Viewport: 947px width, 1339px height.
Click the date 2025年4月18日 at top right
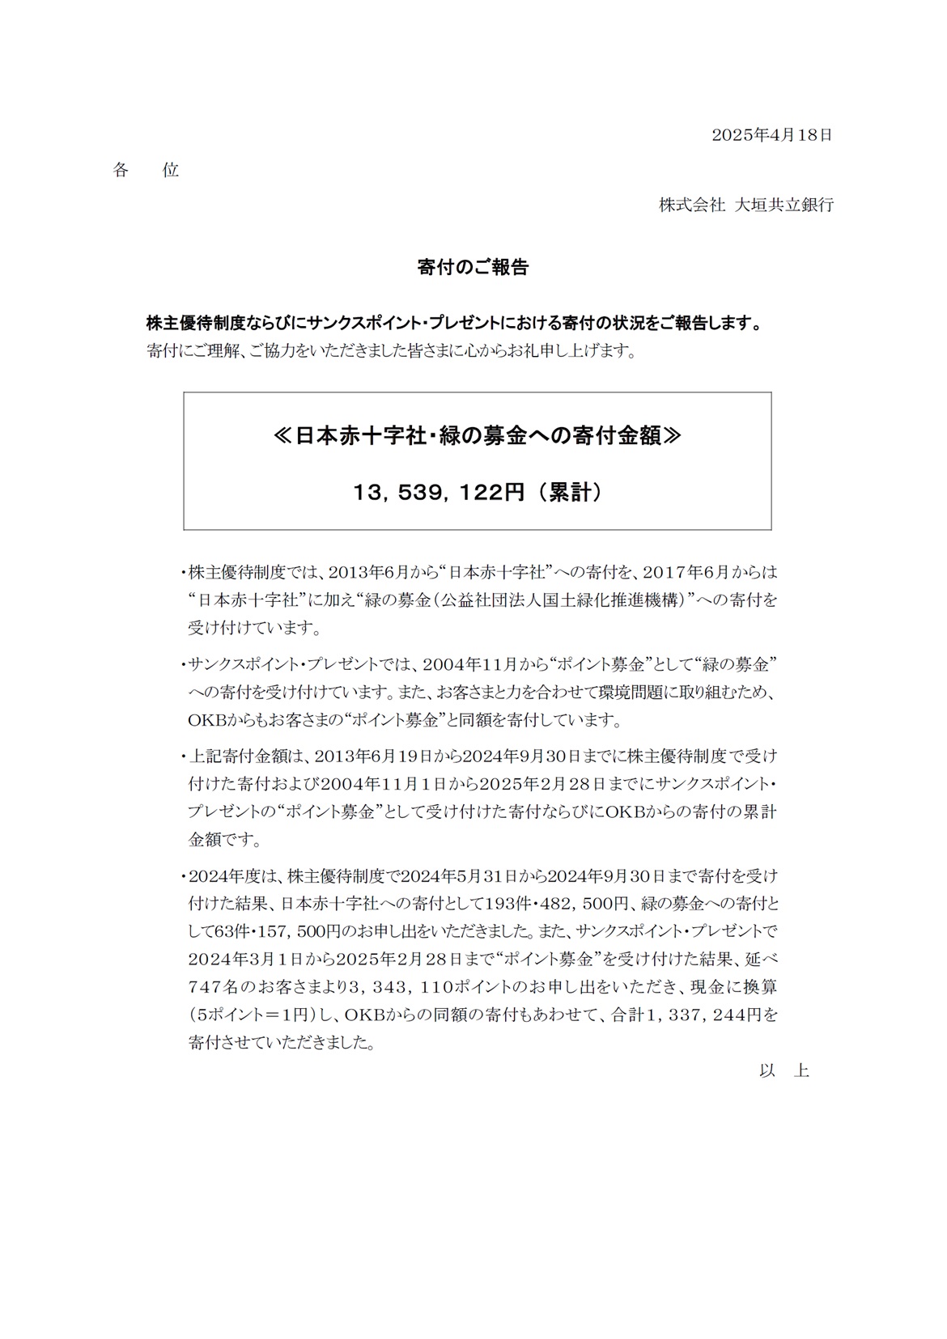(x=771, y=135)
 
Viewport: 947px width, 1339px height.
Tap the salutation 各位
(x=146, y=170)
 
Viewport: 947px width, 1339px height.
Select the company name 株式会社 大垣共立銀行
(x=745, y=205)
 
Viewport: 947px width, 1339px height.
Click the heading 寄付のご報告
(x=473, y=268)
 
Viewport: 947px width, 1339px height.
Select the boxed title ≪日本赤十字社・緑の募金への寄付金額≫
(x=477, y=436)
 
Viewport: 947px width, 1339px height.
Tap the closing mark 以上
(x=784, y=1070)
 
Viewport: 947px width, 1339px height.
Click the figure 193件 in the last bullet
(x=507, y=903)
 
